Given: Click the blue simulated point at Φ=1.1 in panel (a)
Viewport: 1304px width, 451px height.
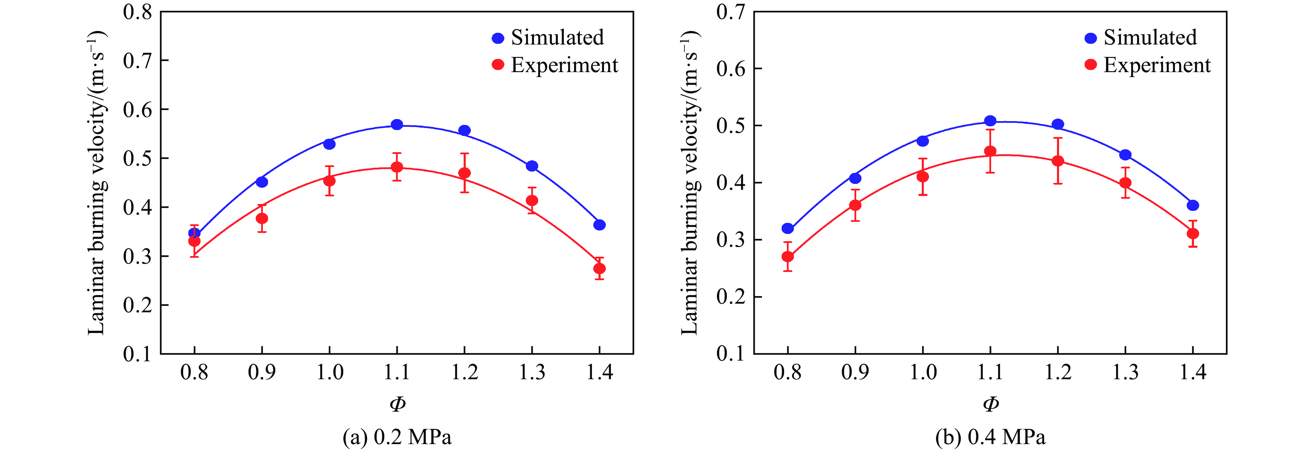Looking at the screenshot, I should pyautogui.click(x=397, y=125).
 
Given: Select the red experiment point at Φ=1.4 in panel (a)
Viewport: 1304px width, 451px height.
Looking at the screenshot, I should pyautogui.click(x=599, y=268).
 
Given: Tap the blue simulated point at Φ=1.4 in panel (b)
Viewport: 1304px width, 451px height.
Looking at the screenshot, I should pyautogui.click(x=1193, y=205).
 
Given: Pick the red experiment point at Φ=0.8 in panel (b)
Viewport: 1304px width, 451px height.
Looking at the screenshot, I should pyautogui.click(x=788, y=257).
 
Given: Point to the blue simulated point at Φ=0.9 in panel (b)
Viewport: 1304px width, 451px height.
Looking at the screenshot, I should pyautogui.click(x=855, y=178).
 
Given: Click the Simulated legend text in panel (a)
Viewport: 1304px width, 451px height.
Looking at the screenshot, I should pyautogui.click(x=557, y=38).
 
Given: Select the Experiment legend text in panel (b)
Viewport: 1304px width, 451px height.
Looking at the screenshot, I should pyautogui.click(x=1157, y=65).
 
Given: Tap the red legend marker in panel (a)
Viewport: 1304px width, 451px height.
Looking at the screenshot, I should pyautogui.click(x=498, y=65).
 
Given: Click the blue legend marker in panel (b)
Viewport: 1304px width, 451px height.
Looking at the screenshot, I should pyautogui.click(x=1091, y=38).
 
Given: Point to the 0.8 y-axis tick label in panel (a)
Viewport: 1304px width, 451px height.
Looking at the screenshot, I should pyautogui.click(x=137, y=12).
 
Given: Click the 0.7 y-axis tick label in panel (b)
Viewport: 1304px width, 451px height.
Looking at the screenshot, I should pyautogui.click(x=730, y=12).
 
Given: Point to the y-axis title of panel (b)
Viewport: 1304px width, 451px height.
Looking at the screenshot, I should pyautogui.click(x=690, y=182).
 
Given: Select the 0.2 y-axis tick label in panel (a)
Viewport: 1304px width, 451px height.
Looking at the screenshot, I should pyautogui.click(x=137, y=305).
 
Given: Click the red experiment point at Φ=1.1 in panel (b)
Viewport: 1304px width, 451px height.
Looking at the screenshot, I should pyautogui.click(x=990, y=151).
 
